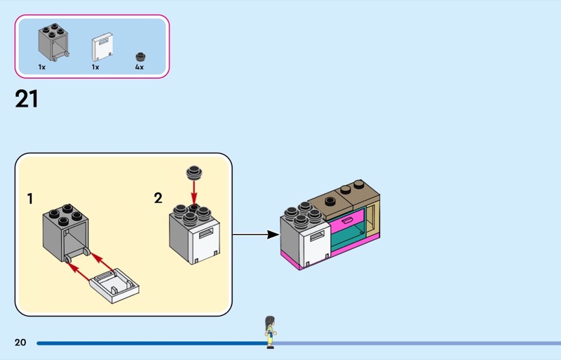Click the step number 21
[x=27, y=99]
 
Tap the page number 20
[x=20, y=342]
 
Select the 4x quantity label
[x=139, y=67]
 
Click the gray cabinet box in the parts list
[x=53, y=41]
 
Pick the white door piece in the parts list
[x=102, y=47]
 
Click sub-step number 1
[x=29, y=199]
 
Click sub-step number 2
[x=158, y=198]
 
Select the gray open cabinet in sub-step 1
[x=63, y=232]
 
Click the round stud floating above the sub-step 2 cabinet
[x=194, y=173]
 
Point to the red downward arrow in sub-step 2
[x=194, y=192]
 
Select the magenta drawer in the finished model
[x=348, y=222]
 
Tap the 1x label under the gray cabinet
[x=42, y=67]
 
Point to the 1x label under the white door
[x=95, y=67]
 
